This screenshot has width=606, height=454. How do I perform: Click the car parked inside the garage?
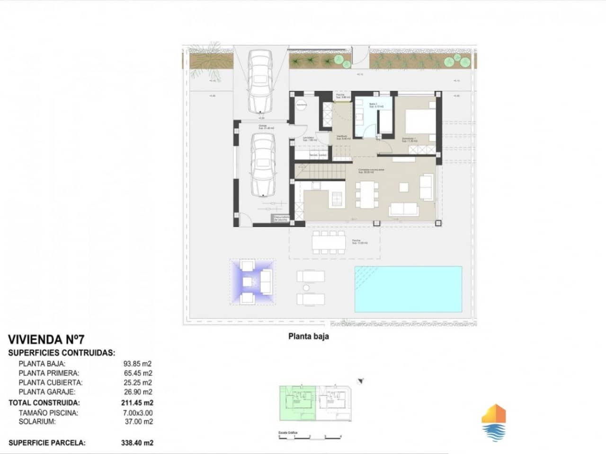coord(263,164)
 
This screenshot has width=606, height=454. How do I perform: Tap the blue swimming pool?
coord(408,289)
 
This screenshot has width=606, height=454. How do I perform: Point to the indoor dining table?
coord(367,195)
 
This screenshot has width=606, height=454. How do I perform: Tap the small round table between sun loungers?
coord(306,288)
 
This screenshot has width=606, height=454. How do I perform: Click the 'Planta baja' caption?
coord(308,337)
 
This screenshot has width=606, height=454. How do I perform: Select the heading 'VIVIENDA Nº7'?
coord(46,340)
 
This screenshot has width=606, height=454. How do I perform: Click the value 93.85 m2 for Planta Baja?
coord(137,364)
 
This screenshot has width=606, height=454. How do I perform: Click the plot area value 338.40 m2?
coord(137,443)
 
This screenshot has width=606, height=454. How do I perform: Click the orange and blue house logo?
coord(493,422)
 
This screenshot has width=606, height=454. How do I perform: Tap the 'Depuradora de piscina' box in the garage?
coord(280,218)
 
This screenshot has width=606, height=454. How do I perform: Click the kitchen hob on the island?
coord(337,199)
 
